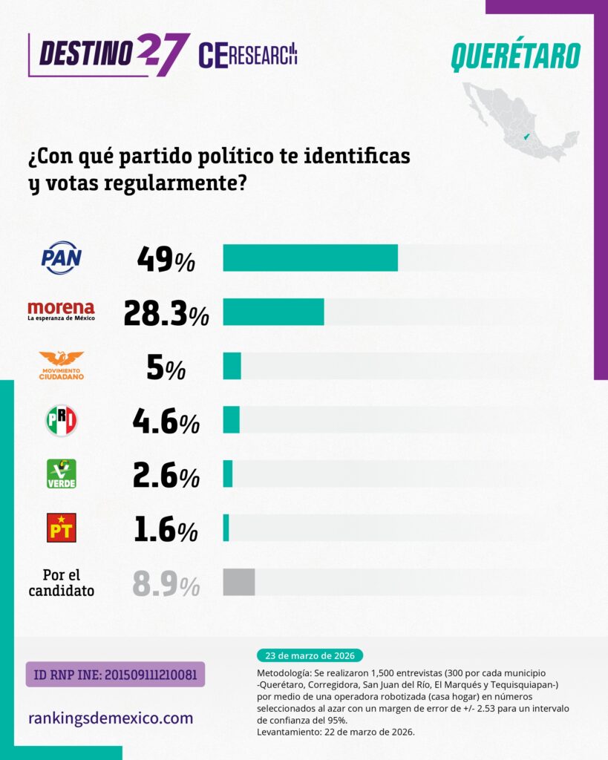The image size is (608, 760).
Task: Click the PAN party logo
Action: [62, 258]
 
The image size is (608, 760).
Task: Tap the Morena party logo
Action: [61, 311]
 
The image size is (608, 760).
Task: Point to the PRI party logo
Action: [62, 421]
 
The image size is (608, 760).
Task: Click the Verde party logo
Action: [62, 474]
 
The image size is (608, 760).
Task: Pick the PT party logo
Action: [62, 528]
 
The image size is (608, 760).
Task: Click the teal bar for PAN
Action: [310, 258]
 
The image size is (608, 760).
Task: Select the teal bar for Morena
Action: [273, 312]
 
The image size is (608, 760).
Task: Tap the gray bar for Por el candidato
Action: [239, 582]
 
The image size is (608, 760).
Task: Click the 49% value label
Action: [166, 259]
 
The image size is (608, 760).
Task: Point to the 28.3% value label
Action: [166, 314]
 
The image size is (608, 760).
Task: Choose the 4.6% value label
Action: [166, 422]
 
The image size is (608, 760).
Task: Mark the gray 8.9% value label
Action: [166, 585]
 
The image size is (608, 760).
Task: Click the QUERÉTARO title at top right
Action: [515, 56]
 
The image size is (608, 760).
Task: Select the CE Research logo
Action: [248, 55]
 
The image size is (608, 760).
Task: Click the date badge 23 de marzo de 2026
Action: [310, 655]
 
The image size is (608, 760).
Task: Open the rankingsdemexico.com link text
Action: [111, 718]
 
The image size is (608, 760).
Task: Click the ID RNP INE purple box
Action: [115, 675]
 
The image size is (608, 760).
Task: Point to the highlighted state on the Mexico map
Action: [526, 137]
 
